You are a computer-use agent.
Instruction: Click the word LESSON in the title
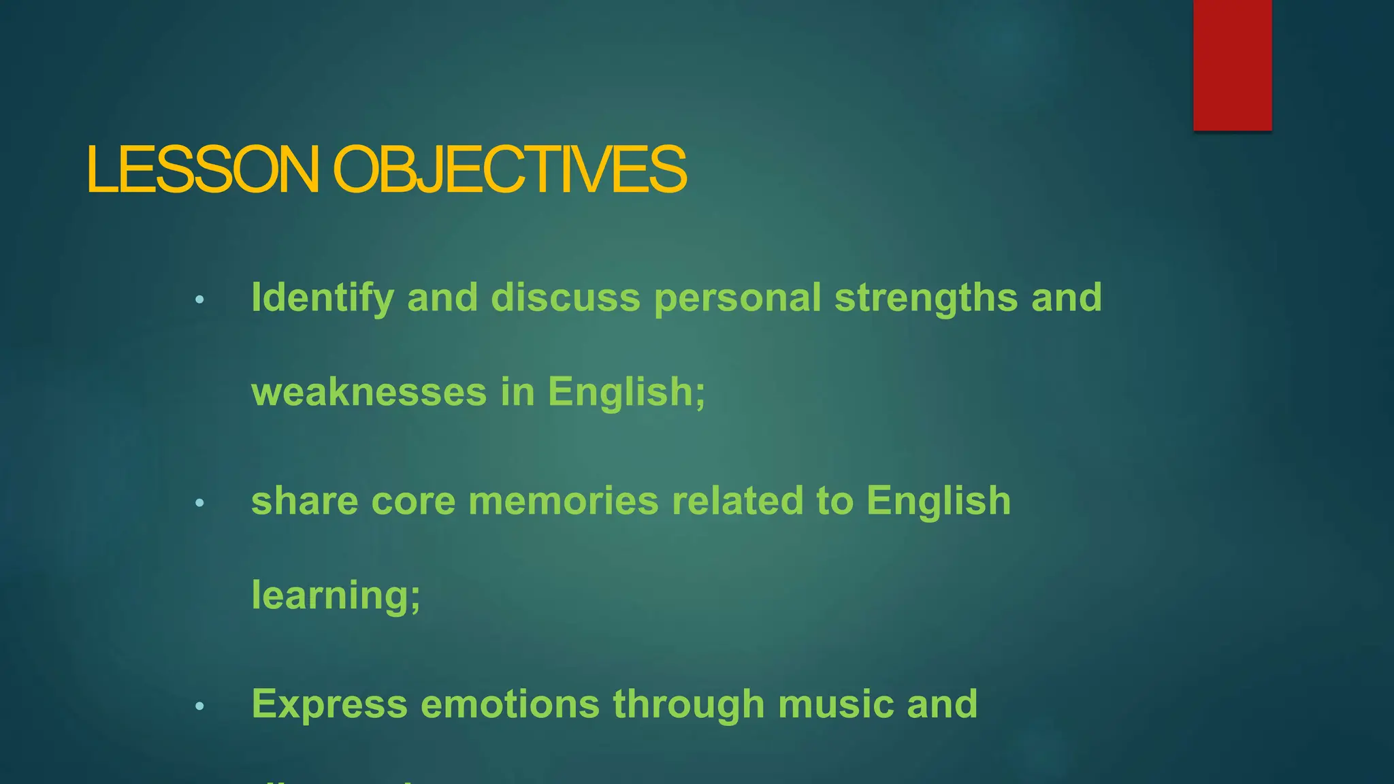click(x=202, y=169)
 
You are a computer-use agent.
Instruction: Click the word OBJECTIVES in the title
click(x=509, y=169)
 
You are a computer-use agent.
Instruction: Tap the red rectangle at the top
click(x=1232, y=65)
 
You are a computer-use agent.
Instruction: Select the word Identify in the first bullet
click(x=323, y=299)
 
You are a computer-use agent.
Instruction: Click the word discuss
click(x=566, y=297)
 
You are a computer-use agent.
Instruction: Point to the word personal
click(x=737, y=299)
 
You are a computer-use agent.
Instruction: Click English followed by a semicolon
click(x=626, y=392)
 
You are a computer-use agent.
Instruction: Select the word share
click(x=304, y=501)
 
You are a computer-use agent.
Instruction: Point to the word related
click(x=737, y=501)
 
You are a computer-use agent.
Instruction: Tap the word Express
click(x=329, y=704)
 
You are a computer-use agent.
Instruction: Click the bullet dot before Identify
click(x=199, y=299)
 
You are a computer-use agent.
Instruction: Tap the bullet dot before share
click(x=199, y=503)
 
